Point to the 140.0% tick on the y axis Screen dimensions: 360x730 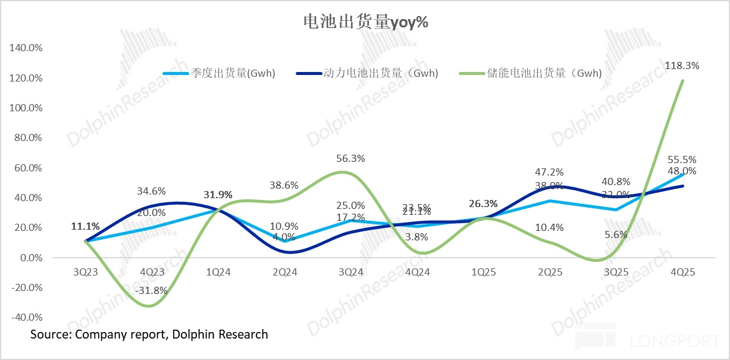pos(26,48)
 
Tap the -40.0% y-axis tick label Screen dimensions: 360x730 pos(26,317)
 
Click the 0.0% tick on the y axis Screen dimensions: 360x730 pos(30,258)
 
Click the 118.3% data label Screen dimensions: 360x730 pos(682,65)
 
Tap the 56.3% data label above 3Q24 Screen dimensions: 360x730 pos(350,158)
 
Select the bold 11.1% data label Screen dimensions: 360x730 pos(85,226)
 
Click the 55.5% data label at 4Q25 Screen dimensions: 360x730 pos(682,159)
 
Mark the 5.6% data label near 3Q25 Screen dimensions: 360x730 pos(616,234)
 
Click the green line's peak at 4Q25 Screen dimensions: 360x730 pos(682,80)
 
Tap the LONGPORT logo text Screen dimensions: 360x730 pos(674,341)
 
